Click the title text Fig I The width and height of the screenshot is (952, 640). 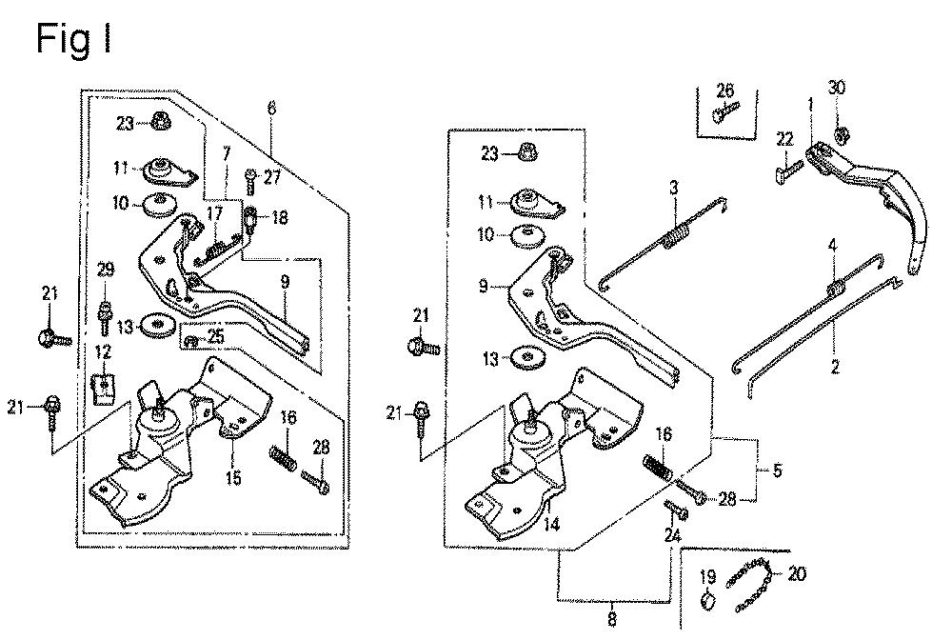tap(74, 39)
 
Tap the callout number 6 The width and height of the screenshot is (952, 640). tap(272, 109)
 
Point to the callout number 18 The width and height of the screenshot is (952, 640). tap(279, 217)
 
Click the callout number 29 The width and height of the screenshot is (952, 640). tap(105, 271)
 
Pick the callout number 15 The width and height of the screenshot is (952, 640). tap(232, 477)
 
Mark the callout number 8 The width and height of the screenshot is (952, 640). tap(610, 620)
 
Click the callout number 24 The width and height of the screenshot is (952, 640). tap(674, 537)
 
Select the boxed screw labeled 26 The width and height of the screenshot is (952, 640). tap(723, 116)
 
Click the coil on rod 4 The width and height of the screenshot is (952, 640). tap(836, 286)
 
